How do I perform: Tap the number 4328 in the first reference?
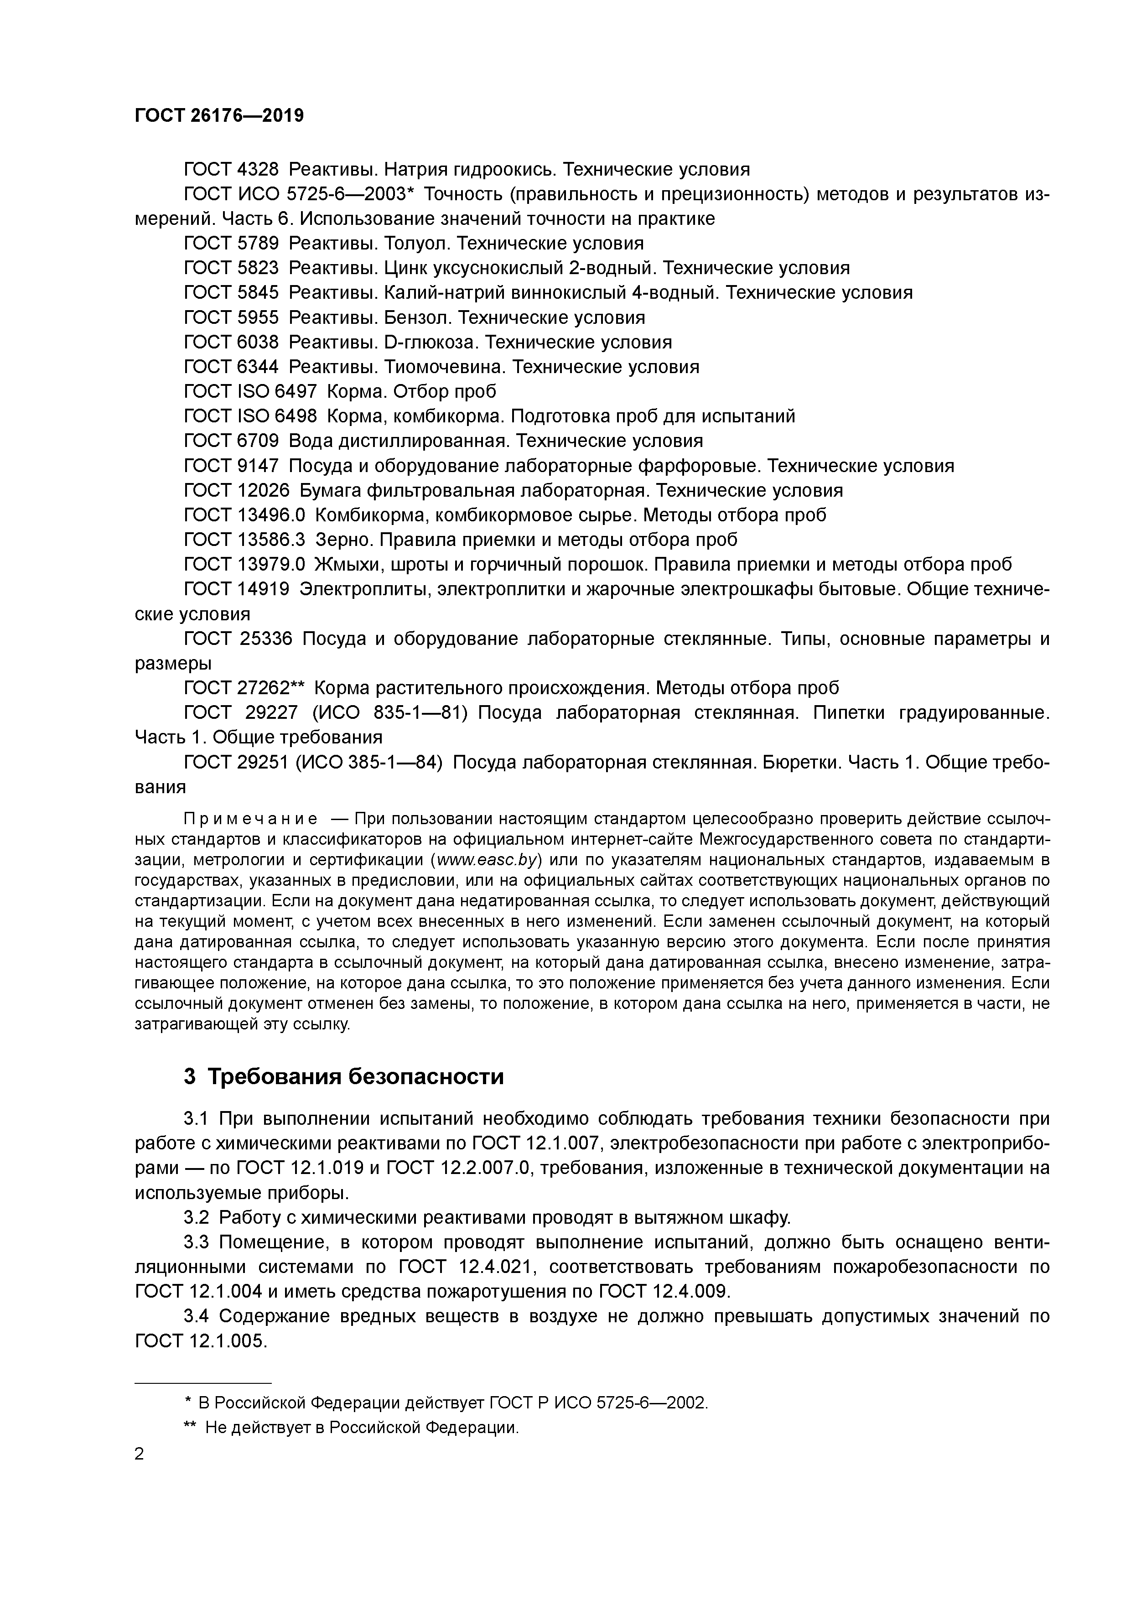(x=258, y=169)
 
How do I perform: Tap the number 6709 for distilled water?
(x=258, y=441)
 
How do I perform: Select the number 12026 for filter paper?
(x=264, y=491)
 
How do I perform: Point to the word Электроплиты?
(x=358, y=590)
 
